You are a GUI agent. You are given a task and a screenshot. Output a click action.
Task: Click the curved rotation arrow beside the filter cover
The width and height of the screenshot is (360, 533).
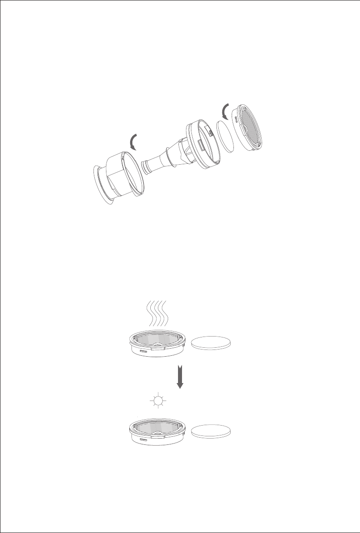click(x=225, y=109)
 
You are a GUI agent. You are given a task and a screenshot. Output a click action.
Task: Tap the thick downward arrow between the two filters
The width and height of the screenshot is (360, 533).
click(x=179, y=377)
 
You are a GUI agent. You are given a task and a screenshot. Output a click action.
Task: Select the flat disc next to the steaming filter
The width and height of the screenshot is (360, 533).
click(x=212, y=343)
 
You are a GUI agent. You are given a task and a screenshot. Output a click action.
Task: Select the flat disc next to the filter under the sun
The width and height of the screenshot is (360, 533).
click(x=212, y=431)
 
